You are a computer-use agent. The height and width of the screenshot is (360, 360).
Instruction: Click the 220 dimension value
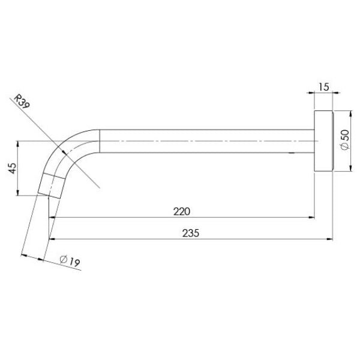point(182,211)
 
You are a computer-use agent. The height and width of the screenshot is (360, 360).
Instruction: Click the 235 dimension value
point(190,232)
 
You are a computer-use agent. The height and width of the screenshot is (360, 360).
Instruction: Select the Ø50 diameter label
point(344,140)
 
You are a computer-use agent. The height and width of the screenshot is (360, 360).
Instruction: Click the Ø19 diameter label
point(70,260)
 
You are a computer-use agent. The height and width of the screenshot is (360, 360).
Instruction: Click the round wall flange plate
point(323,141)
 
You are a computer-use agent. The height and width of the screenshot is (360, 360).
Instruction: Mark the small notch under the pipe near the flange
point(292,154)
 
